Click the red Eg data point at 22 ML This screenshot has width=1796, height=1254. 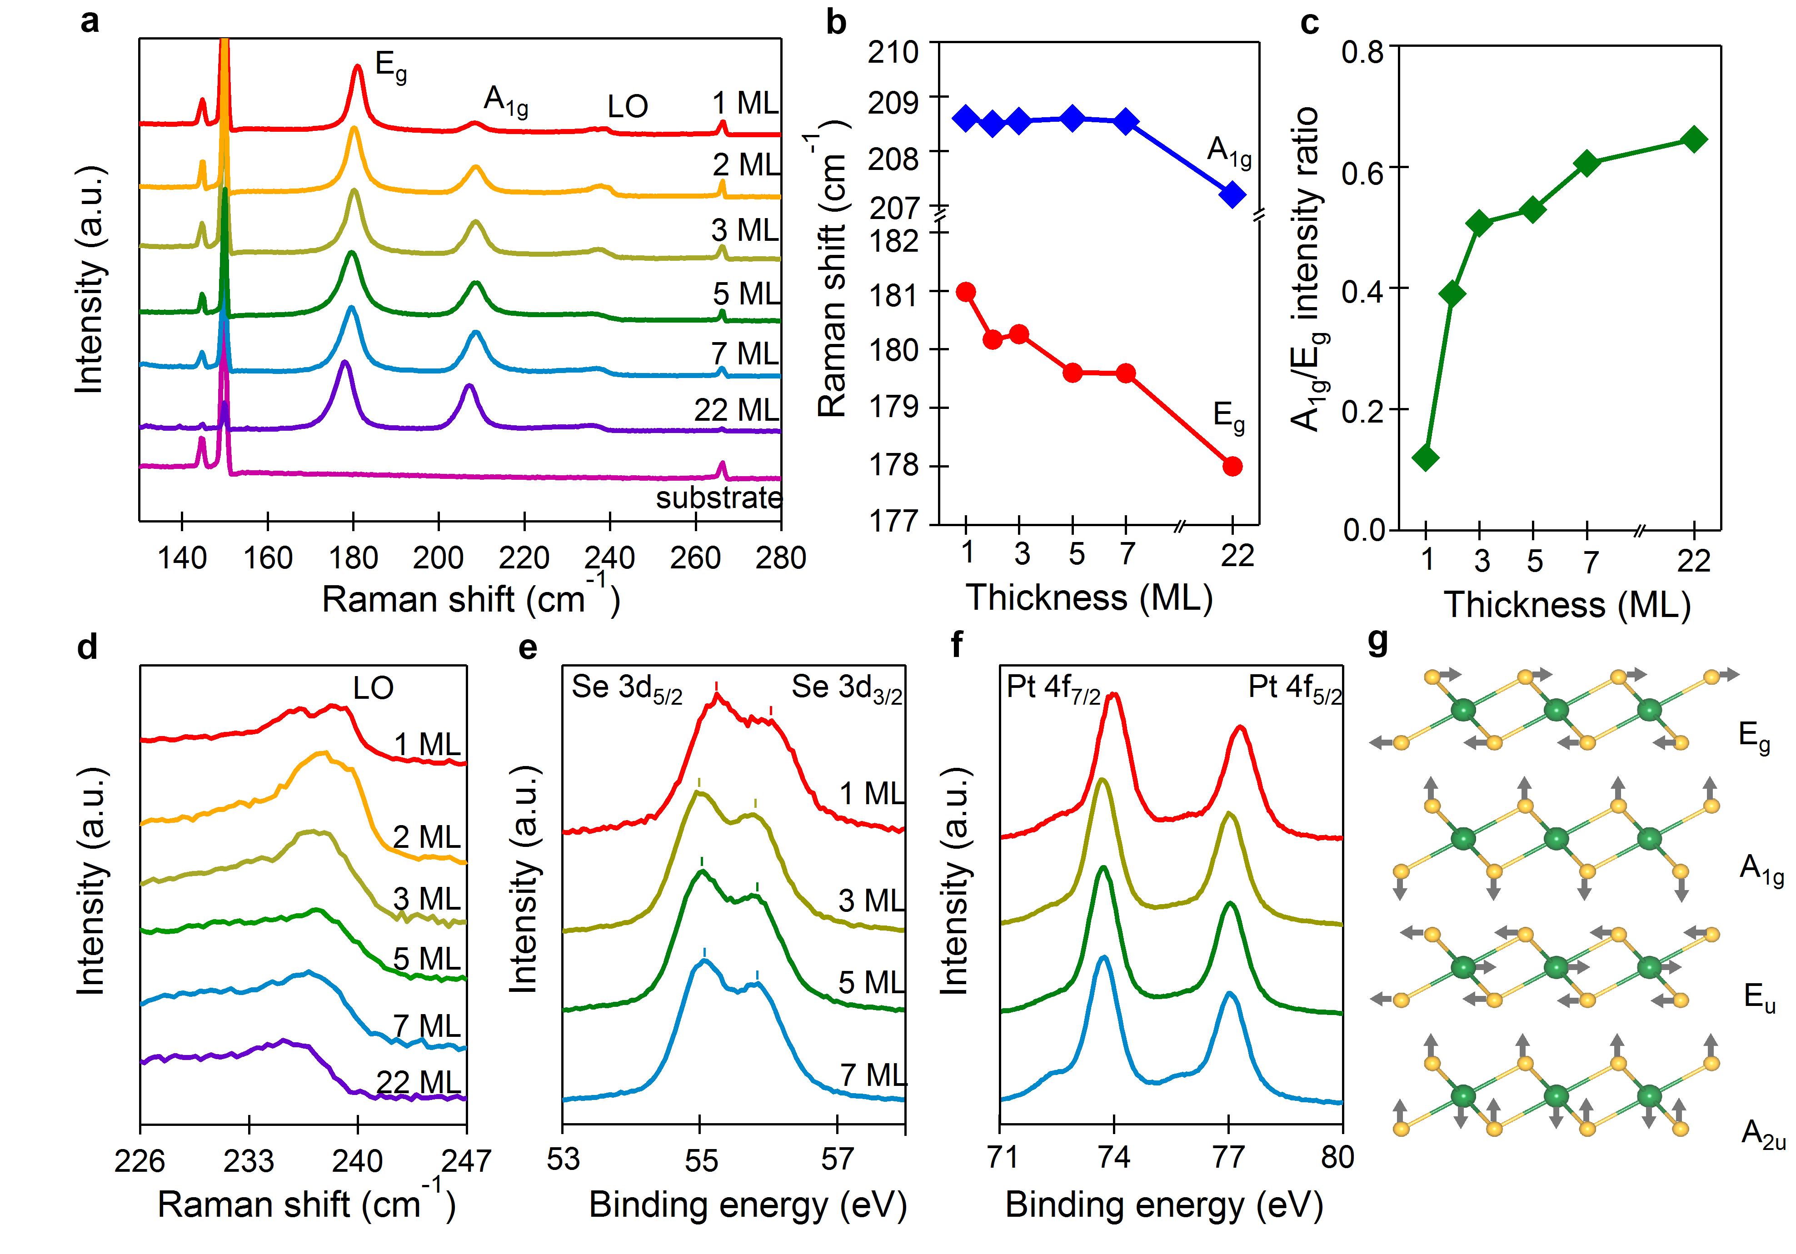click(x=1232, y=466)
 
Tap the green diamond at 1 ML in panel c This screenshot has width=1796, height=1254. click(x=1426, y=458)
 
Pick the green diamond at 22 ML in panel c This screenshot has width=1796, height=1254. click(x=1694, y=140)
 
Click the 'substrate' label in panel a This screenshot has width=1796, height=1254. click(x=718, y=498)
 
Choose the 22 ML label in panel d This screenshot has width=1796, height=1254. click(x=419, y=1082)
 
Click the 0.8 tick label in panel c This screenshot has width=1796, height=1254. click(x=1362, y=52)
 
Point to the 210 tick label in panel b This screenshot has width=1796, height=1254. click(x=893, y=52)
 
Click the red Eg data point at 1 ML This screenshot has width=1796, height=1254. click(x=966, y=292)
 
